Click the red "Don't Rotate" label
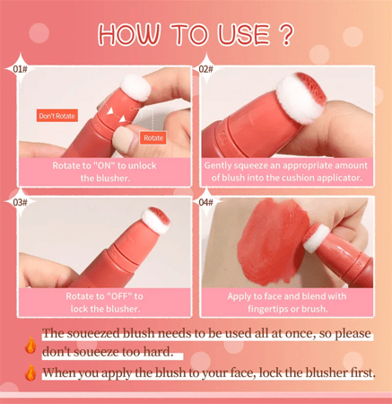coord(57,116)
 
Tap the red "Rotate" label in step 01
coord(153,138)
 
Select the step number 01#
coord(20,69)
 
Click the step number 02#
coord(206,69)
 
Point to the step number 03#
coord(20,202)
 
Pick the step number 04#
coord(206,202)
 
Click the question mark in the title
coord(287,34)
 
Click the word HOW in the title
coord(129,34)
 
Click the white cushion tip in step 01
coord(136,87)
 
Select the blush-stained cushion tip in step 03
coord(155,220)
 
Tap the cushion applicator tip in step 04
coord(317,238)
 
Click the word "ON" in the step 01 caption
coord(105,165)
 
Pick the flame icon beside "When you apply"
coord(30,372)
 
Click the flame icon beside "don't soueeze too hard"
coord(30,345)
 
